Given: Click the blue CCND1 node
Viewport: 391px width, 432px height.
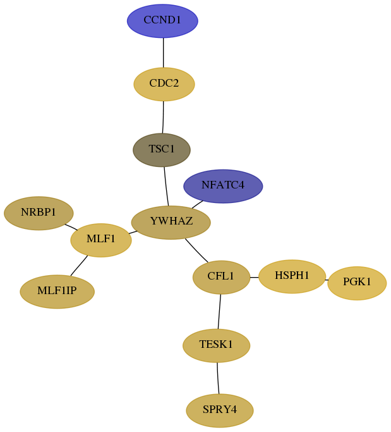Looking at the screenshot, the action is pos(162,21).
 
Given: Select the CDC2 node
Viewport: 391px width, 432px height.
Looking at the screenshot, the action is pos(164,84).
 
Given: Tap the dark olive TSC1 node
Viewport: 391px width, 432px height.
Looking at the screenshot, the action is pos(162,150).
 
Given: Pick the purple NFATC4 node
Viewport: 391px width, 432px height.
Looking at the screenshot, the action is pos(223,186).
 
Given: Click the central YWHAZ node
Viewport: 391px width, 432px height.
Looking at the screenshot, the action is pos(171,223).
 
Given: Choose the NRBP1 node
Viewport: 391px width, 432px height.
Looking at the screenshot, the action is pos(39,213).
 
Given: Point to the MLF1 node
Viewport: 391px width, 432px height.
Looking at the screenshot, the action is pos(101,240).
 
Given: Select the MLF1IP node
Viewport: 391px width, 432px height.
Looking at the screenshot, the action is pos(57,292).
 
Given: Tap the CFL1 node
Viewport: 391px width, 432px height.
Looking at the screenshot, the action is pos(221,277).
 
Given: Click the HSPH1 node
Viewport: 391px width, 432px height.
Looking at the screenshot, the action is pos(292,276).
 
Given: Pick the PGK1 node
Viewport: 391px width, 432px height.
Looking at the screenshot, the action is pos(357,283).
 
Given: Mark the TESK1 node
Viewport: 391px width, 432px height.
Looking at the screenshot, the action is pos(216,345).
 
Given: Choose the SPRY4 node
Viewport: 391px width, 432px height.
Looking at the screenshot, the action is pos(220,410).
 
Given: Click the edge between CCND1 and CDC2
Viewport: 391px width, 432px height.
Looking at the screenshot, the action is pos(164,52).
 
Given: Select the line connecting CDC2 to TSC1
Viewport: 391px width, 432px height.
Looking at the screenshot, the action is pos(163,118).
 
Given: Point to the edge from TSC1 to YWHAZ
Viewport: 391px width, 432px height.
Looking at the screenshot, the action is pos(166,186).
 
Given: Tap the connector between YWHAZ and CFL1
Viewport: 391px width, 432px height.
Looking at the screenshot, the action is pos(196,250).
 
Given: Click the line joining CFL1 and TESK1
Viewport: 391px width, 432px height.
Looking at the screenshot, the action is pos(219,312).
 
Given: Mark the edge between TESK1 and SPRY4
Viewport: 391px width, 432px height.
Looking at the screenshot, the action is pos(218,378).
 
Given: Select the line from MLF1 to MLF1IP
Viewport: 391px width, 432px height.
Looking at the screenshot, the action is pos(79,266).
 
